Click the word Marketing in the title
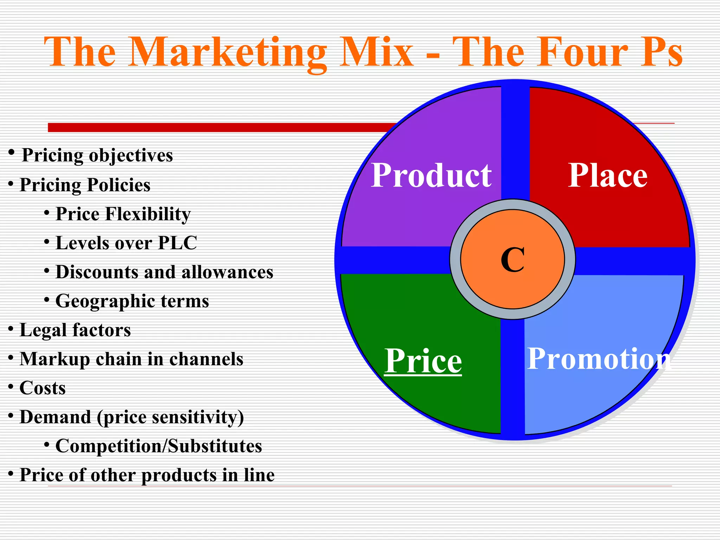228,53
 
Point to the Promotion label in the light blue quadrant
599,359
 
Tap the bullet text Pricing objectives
97,155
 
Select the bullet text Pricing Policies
85,185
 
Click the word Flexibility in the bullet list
148,214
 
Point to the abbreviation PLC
178,243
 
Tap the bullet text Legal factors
75,330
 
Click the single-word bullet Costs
43,388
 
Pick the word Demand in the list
55,417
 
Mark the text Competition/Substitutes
159,446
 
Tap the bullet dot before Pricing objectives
12,152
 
